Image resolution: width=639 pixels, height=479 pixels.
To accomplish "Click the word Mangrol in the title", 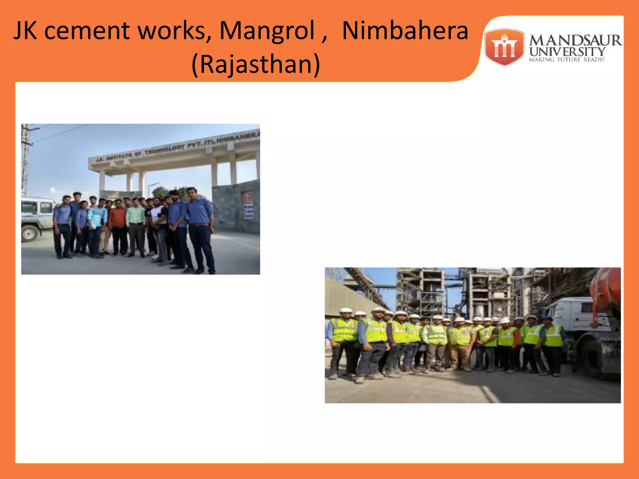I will point(267,31).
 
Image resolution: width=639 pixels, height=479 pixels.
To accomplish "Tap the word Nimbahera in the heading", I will point(405,31).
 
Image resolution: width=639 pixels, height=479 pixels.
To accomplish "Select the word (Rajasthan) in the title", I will point(256,64).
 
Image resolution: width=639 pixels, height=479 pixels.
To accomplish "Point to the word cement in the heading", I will point(87,31).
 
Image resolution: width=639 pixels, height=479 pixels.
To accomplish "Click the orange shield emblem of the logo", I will point(504,47).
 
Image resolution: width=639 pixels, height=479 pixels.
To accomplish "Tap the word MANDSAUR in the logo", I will point(575,41).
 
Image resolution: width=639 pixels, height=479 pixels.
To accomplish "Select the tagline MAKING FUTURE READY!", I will point(567,60).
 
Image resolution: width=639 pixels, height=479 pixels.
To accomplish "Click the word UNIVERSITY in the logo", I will point(567,51).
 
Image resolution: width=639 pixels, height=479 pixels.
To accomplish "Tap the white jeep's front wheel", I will point(30,233).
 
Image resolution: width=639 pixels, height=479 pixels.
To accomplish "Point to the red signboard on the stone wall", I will point(248,205).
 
